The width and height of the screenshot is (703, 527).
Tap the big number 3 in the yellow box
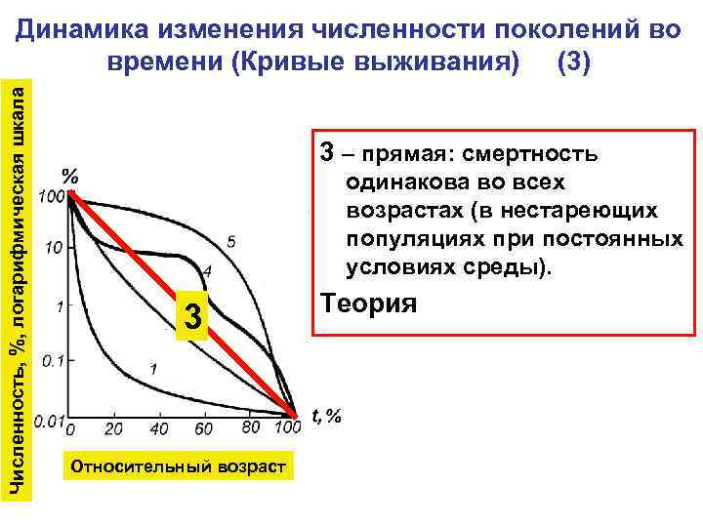194,317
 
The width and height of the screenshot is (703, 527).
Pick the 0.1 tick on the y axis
51,361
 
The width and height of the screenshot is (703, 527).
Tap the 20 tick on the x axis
113,428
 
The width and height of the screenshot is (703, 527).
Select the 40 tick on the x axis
159,428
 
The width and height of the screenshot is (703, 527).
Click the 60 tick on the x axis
204,428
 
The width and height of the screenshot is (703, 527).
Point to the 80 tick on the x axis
250,427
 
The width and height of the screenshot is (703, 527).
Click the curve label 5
230,240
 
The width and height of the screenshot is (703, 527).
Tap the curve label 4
207,270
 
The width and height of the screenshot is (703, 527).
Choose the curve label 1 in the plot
153,368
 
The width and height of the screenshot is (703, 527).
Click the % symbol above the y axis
71,177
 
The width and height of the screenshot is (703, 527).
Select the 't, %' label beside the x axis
326,417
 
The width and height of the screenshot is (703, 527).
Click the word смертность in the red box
543,155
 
